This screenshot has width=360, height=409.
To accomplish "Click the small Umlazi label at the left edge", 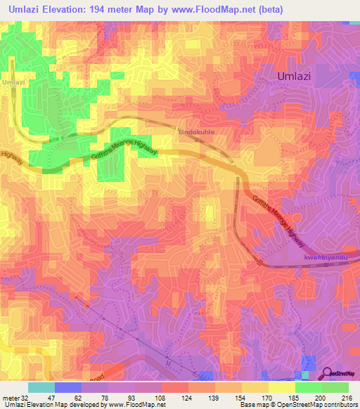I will pos(13,82).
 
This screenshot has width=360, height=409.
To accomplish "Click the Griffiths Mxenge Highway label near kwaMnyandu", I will pos(279,221).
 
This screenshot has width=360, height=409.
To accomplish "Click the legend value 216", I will pos(345,398).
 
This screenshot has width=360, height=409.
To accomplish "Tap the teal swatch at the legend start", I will pos(41,387).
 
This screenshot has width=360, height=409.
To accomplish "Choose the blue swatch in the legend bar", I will pos(68,387).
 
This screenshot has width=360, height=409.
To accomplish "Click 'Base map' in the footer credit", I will pos(251,405).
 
